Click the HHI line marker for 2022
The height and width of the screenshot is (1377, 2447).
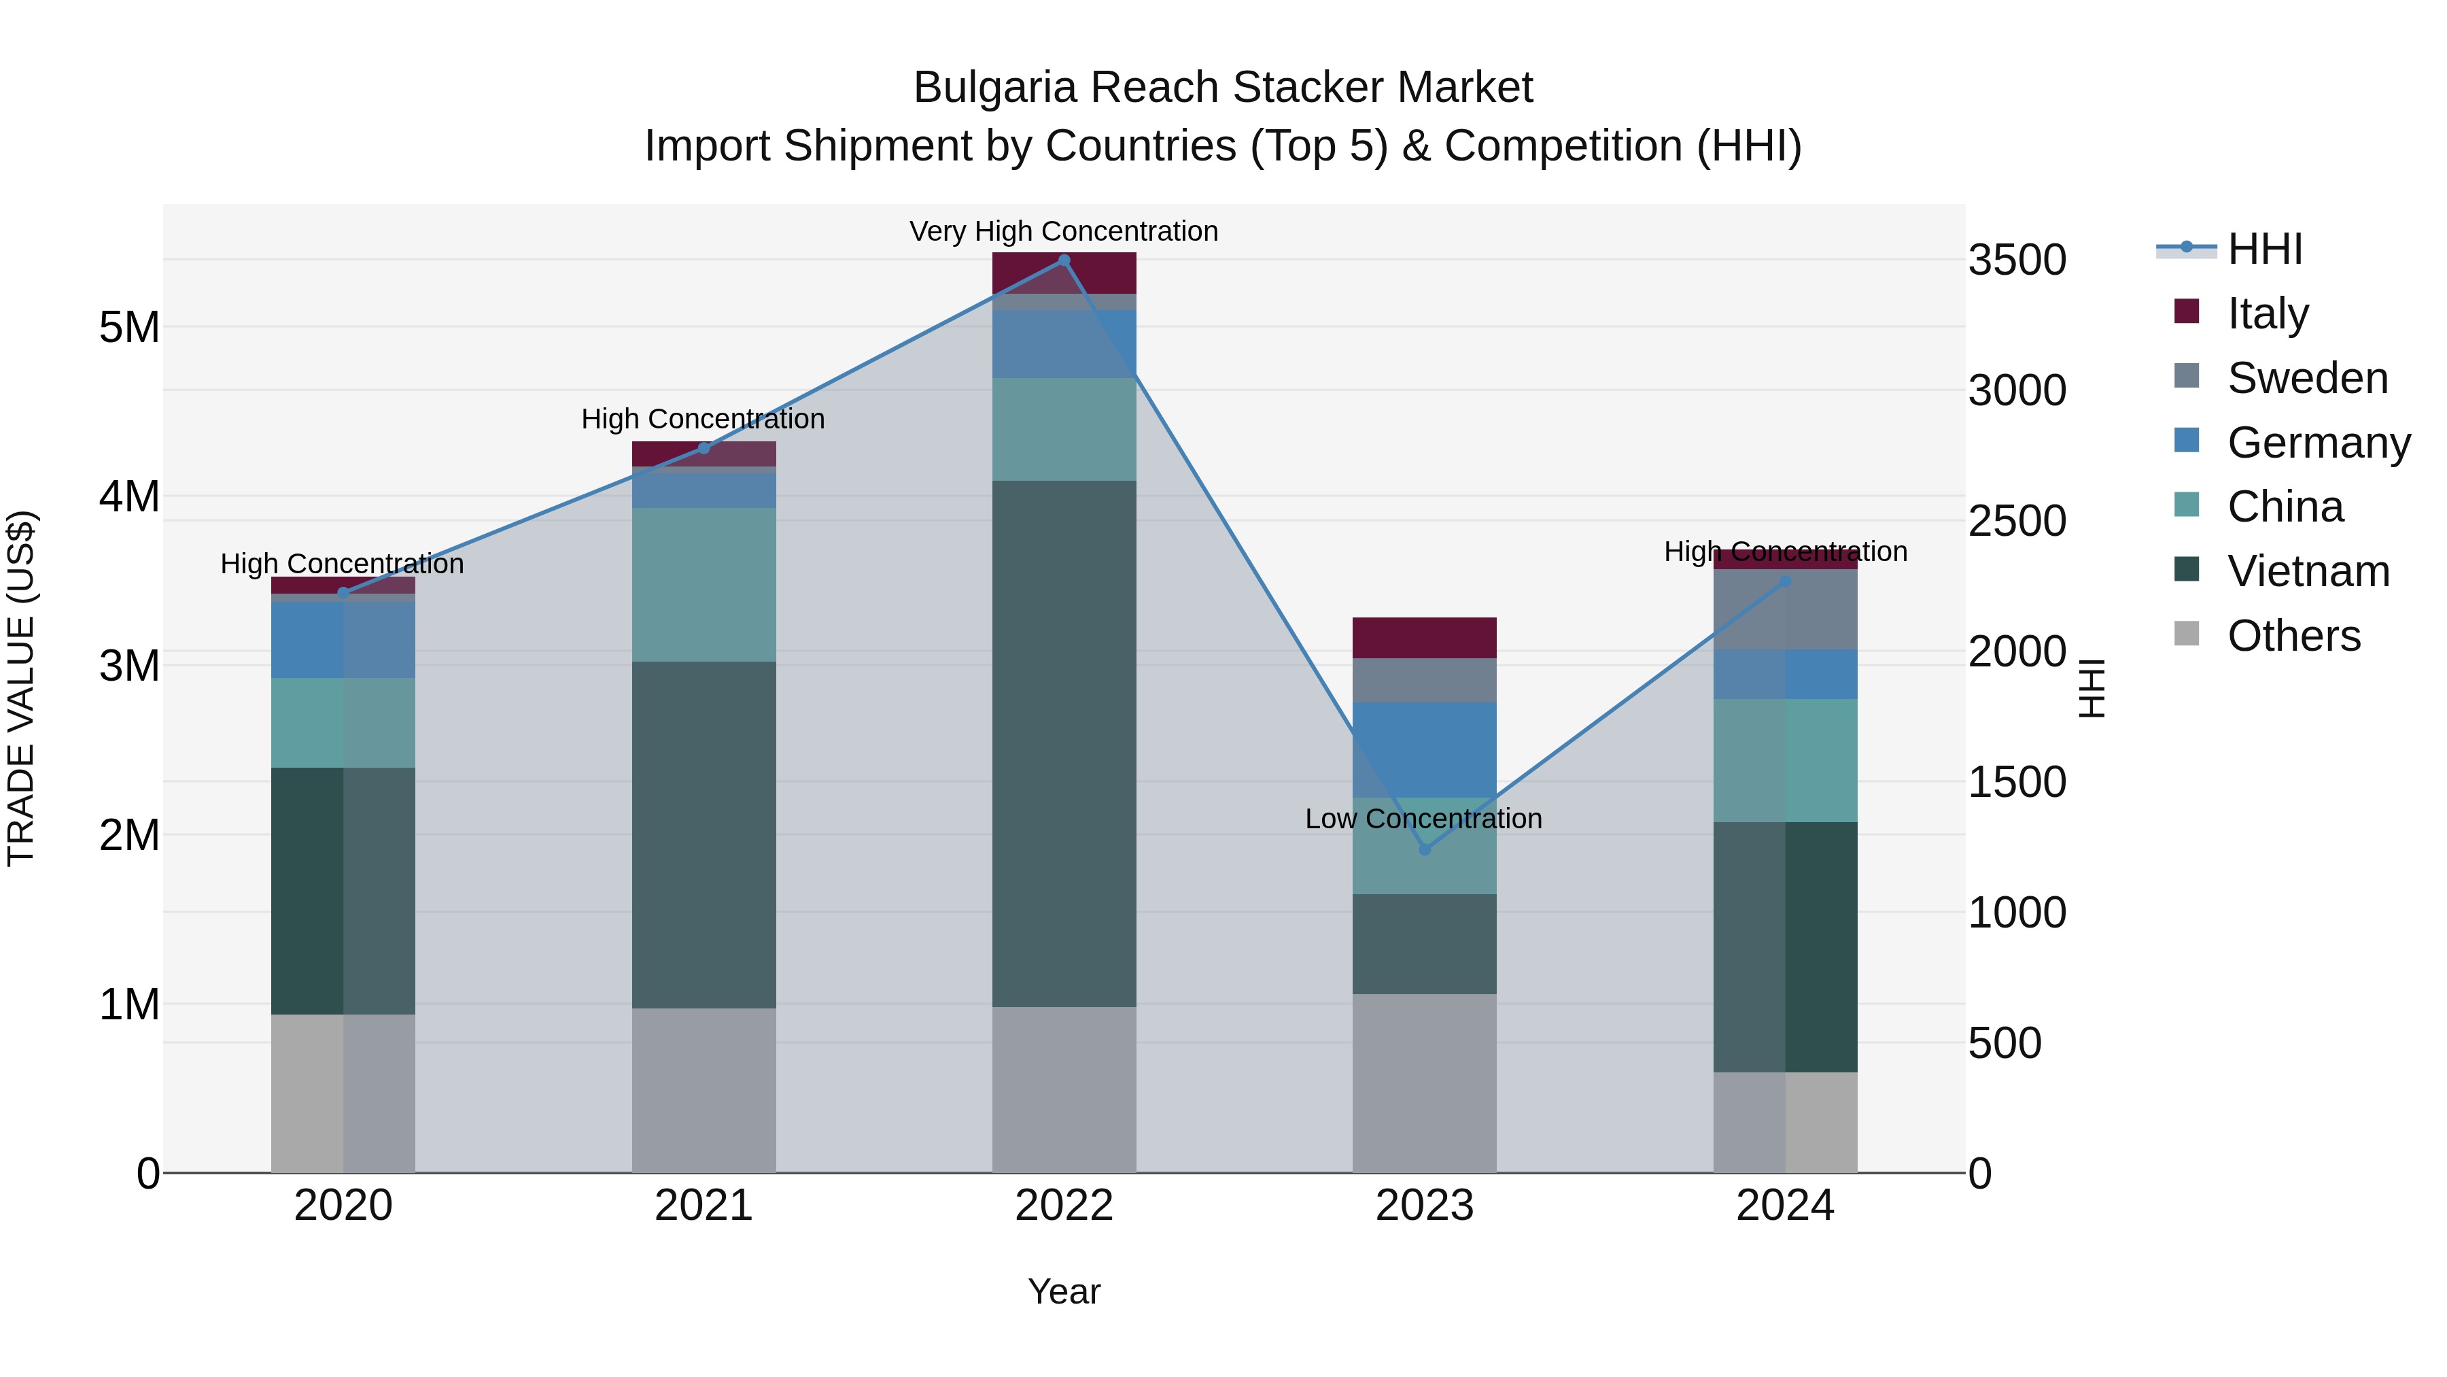tap(1064, 260)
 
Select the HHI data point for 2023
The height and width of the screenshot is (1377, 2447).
tap(1424, 849)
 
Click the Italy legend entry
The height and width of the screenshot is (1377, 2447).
tap(2268, 313)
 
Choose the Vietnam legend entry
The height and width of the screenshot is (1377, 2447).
tap(2308, 571)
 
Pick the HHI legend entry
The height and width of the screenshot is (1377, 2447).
tap(2265, 249)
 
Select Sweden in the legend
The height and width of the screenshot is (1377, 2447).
tap(2306, 378)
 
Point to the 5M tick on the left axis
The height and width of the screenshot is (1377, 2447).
tap(129, 328)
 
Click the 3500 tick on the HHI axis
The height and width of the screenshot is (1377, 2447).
tap(2017, 260)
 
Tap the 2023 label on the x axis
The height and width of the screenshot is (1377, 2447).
tap(1424, 1206)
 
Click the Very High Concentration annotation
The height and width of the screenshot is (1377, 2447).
tap(1064, 231)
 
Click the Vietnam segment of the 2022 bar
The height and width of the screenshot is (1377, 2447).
tap(1064, 741)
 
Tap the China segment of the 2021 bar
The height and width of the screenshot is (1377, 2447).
tap(704, 584)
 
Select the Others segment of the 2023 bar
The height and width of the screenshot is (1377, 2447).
tap(1424, 1083)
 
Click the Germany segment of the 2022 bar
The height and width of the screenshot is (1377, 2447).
tap(1064, 344)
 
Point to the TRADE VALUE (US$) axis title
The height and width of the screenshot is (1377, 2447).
tap(21, 688)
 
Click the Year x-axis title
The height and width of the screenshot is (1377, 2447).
tap(1064, 1291)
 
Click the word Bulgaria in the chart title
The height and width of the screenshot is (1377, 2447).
tap(994, 88)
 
